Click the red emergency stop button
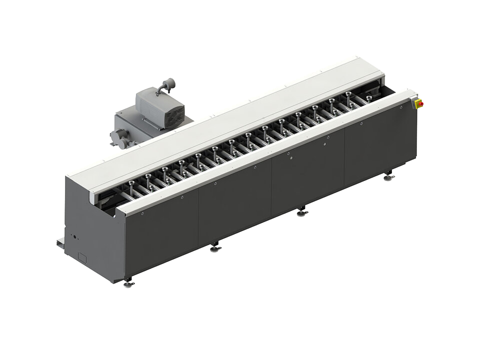419,103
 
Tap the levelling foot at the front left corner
129,283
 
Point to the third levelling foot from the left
302,212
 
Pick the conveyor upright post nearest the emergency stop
370,98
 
